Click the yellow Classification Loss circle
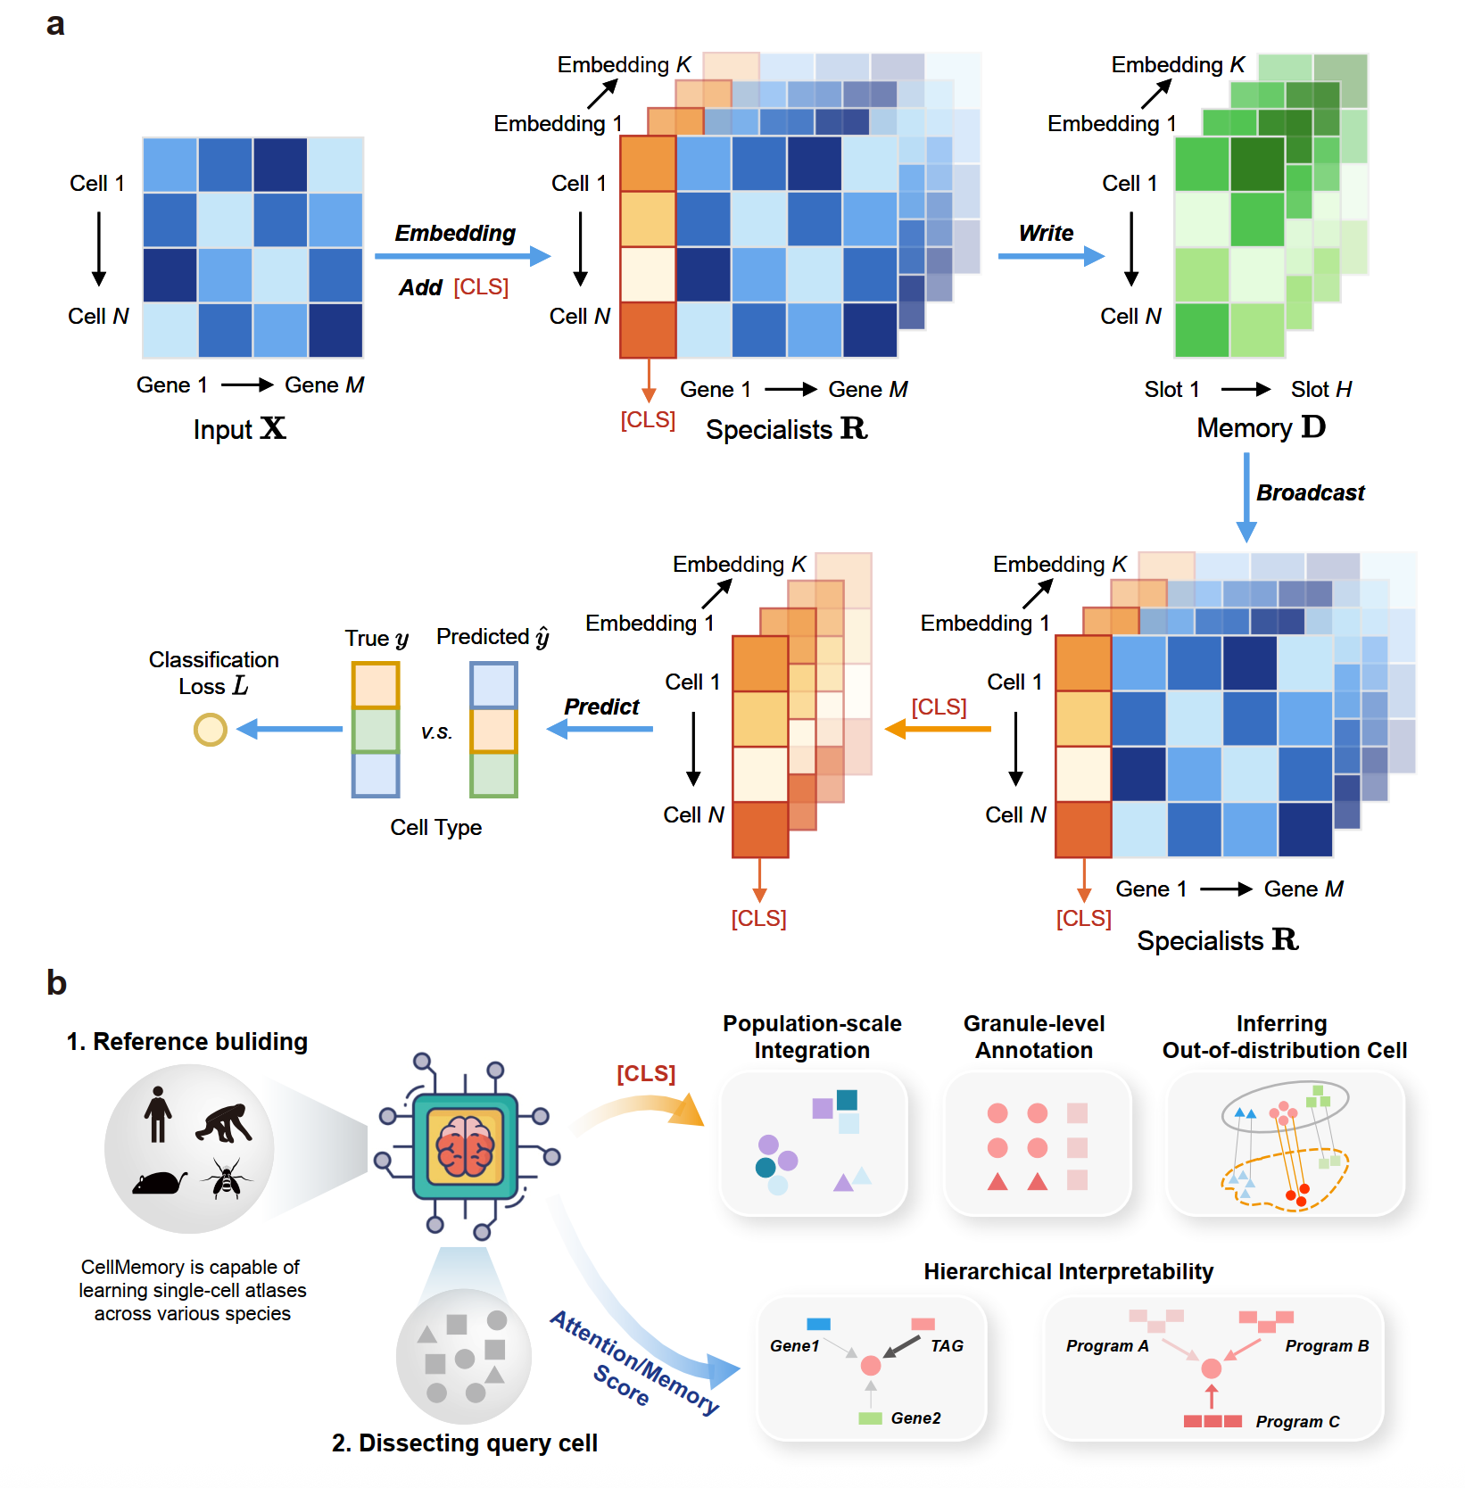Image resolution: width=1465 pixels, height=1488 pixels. click(211, 730)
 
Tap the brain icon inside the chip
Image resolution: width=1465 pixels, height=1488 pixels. click(465, 1146)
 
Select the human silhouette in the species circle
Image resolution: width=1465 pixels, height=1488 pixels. click(158, 1114)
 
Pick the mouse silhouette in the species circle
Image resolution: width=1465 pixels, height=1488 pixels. click(159, 1183)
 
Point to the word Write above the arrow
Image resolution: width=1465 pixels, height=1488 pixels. click(1046, 233)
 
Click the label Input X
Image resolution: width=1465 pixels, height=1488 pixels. click(239, 429)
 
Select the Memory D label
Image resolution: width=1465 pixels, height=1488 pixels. click(1261, 428)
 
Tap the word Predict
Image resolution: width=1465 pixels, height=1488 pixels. click(601, 707)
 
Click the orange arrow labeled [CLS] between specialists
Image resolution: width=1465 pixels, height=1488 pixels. click(938, 729)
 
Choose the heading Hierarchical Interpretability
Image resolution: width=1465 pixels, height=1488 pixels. click(1068, 1271)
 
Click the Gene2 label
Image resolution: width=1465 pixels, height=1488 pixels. click(915, 1418)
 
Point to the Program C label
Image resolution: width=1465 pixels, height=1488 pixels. click(1297, 1421)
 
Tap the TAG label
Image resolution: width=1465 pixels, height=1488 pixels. click(947, 1345)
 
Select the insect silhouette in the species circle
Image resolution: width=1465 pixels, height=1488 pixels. click(227, 1179)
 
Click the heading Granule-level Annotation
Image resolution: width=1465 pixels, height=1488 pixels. click(1034, 1037)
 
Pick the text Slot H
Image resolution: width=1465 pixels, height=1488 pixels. click(1320, 389)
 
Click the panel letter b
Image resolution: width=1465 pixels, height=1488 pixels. click(56, 982)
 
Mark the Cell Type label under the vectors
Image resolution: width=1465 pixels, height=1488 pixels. click(435, 827)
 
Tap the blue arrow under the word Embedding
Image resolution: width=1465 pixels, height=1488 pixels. click(462, 257)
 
